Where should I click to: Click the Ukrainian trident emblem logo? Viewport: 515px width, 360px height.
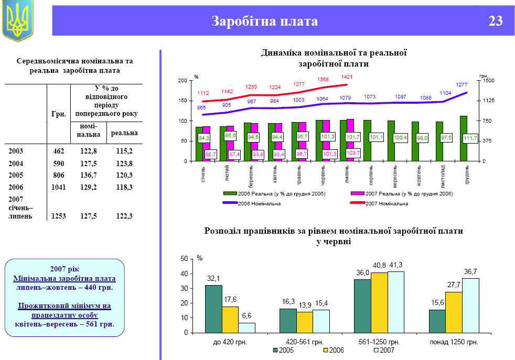(x=17, y=21)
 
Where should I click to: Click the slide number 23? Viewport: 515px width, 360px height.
(x=495, y=21)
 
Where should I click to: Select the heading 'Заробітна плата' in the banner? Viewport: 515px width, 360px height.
(x=264, y=21)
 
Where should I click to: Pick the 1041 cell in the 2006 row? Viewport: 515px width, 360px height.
(x=59, y=187)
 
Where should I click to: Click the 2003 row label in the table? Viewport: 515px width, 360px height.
(x=16, y=150)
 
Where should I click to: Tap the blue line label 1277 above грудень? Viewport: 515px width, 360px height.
(x=462, y=85)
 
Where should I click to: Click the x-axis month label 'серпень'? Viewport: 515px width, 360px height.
(x=371, y=174)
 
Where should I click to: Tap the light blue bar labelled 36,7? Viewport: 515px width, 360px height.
(x=470, y=305)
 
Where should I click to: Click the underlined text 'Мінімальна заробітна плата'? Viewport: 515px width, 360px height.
(x=64, y=279)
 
